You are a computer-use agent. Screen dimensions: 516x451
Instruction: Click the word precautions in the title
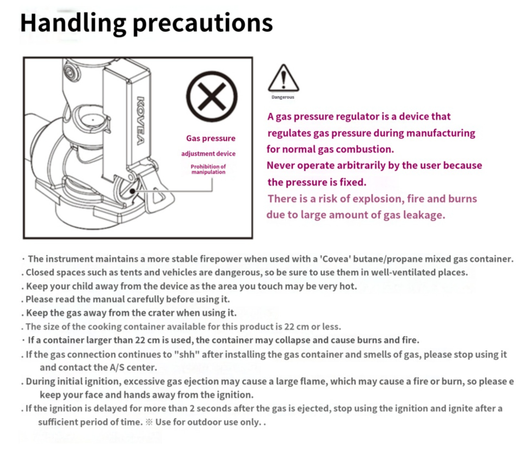tap(203, 23)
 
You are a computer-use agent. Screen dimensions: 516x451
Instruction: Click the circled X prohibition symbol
tap(212, 96)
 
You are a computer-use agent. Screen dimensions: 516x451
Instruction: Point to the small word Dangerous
tap(283, 97)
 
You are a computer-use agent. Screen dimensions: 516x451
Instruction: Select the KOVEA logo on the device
tap(141, 121)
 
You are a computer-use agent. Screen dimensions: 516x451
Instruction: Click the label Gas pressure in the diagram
tap(211, 138)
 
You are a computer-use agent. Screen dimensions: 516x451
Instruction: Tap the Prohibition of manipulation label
tap(208, 169)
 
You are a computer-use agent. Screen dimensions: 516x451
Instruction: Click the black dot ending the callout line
tap(132, 191)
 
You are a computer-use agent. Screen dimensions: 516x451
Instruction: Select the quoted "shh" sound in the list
tap(187, 354)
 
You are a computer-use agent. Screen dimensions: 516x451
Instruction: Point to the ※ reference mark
tap(149, 422)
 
